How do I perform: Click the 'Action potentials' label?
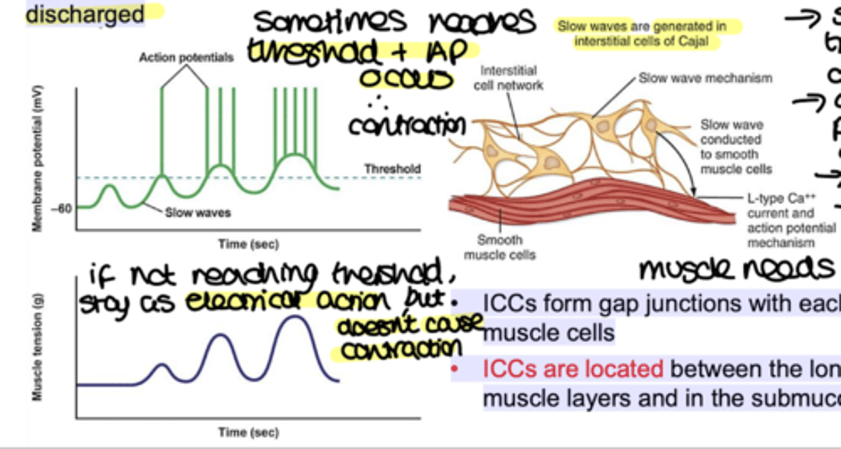(186, 57)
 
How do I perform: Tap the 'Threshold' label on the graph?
(392, 169)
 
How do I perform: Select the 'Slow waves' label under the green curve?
(197, 213)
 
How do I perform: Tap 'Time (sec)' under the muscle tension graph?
(248, 433)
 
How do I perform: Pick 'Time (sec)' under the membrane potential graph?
(248, 244)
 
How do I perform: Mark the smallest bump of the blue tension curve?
(162, 365)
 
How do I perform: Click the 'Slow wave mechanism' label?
(705, 78)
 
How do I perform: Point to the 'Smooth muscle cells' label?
(500, 247)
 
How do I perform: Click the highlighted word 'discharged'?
(85, 14)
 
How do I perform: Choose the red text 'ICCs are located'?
(572, 369)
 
